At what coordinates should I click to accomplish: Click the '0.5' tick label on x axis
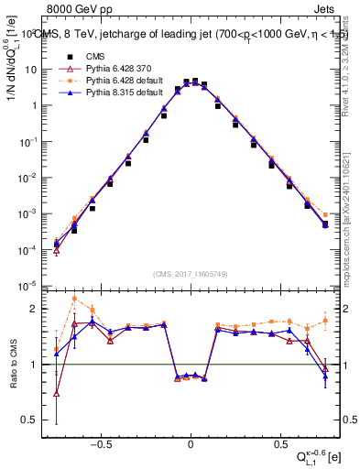(279, 442)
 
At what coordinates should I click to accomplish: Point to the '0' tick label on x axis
(191, 442)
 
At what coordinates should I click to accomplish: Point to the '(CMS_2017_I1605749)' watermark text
(191, 274)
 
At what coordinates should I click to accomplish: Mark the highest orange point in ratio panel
(74, 299)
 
